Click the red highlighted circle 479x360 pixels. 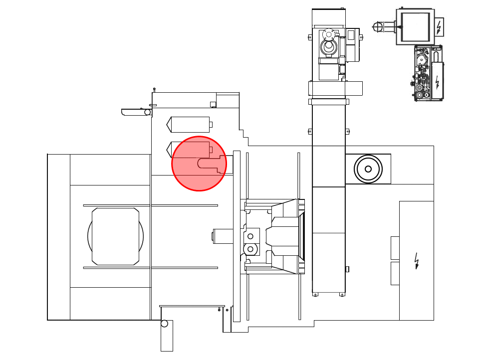coord(199,164)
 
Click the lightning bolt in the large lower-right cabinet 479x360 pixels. coord(417,260)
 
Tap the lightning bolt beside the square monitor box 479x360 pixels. coord(439,27)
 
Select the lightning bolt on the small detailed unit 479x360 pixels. coord(437,82)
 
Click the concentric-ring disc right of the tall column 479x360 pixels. coord(368,169)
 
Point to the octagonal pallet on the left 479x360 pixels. coord(115,236)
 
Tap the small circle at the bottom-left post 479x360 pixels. coord(164,324)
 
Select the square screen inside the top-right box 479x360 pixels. coord(415,27)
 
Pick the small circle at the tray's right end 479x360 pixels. coord(148,112)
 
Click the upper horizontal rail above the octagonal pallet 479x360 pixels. coord(150,205)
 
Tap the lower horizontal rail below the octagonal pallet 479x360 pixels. coord(150,268)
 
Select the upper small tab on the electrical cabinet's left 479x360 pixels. coord(395,248)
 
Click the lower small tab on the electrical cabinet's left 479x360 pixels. coord(395,273)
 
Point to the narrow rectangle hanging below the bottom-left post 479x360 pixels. coord(167,339)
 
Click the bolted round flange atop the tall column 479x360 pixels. coord(329,34)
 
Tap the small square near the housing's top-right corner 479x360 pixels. coord(213,104)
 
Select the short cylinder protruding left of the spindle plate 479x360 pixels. coord(223,236)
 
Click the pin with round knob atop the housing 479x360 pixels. coord(154,90)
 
